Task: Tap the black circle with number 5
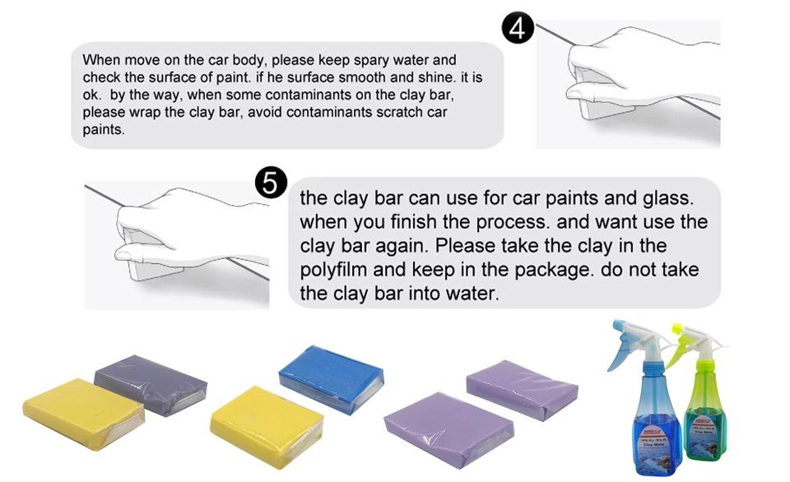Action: coord(271,183)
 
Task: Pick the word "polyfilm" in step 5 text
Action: coord(333,270)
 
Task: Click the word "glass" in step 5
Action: coord(668,198)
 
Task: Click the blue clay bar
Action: coord(331,378)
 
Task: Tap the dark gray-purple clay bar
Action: coord(151,384)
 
